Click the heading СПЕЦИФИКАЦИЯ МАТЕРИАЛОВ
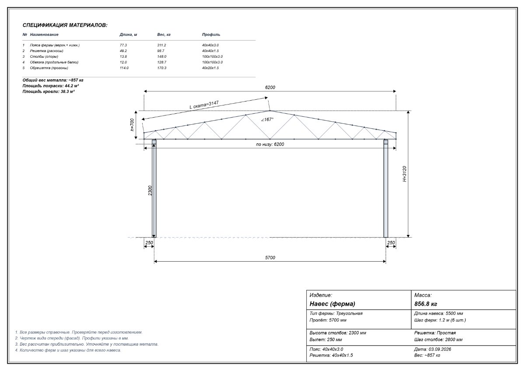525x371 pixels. [65, 25]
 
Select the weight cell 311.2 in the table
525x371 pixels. [161, 45]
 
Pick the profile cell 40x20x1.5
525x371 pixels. [210, 68]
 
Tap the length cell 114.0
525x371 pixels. [124, 68]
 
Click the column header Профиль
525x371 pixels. [211, 35]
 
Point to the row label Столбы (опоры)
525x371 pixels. [44, 56]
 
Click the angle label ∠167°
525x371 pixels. [267, 119]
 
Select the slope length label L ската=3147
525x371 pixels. [204, 105]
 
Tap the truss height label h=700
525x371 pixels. [132, 125]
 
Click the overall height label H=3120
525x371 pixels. [404, 174]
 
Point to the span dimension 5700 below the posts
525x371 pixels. [270, 258]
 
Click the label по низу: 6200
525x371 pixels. [270, 144]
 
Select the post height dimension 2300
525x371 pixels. [150, 191]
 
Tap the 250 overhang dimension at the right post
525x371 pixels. [391, 243]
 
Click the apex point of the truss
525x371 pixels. [270, 111]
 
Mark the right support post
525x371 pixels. [386, 189]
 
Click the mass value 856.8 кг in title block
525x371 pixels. [426, 304]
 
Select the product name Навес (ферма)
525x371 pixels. [332, 304]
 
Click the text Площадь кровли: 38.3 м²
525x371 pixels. [49, 91]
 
